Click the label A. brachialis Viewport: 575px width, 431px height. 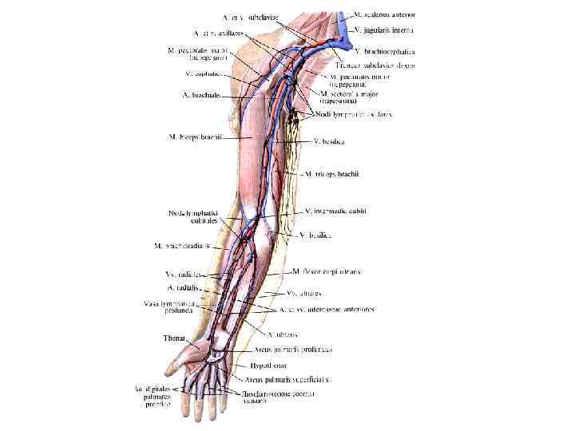[x=204, y=97]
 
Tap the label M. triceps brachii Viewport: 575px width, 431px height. [x=332, y=173]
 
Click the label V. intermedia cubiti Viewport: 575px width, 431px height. [x=335, y=211]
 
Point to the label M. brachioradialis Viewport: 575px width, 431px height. [x=181, y=246]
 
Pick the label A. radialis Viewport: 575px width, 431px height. [x=183, y=287]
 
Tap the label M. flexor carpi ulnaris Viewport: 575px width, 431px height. [x=327, y=272]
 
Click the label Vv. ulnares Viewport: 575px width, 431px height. [x=303, y=293]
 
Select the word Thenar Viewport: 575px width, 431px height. [x=174, y=338]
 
